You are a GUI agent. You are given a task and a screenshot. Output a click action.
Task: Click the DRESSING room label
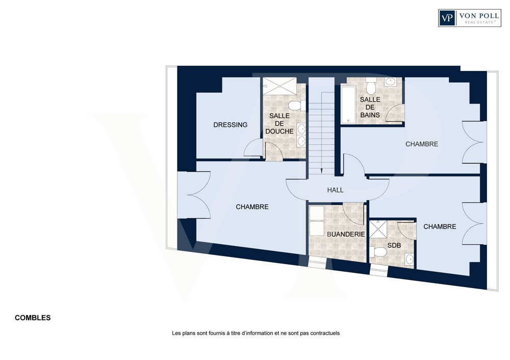(231, 124)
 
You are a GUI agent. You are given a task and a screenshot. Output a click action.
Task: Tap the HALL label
(336, 190)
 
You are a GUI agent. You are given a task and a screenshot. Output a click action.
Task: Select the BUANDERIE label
(346, 234)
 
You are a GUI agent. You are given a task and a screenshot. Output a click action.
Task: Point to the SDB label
(394, 245)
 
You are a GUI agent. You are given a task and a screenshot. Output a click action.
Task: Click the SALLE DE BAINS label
(370, 107)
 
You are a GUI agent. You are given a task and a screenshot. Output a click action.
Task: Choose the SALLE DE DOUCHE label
(279, 123)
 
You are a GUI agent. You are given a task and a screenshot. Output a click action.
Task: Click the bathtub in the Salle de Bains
(348, 105)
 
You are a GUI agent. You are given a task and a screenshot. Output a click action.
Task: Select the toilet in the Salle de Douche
(297, 106)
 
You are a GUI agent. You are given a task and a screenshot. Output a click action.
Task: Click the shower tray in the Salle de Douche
(279, 86)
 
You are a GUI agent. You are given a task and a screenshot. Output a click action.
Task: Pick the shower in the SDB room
(378, 229)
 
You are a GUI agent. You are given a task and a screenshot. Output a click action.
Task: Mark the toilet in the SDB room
(378, 252)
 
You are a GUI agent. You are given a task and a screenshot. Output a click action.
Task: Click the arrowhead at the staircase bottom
(321, 170)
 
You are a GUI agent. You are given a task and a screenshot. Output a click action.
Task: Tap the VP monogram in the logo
(448, 17)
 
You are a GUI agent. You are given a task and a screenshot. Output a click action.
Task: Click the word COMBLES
(33, 318)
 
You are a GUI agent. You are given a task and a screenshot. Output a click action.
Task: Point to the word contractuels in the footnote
(325, 333)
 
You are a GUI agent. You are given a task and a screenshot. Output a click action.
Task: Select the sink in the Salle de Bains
(390, 82)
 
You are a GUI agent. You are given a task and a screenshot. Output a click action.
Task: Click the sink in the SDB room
(409, 259)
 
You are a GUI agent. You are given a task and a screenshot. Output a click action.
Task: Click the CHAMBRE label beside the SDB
(440, 226)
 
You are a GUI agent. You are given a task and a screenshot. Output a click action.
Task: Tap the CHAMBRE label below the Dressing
(252, 207)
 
